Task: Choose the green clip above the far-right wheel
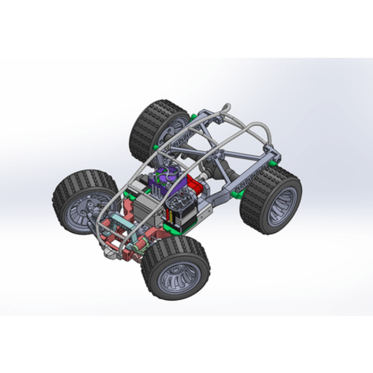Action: click(x=273, y=165)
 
